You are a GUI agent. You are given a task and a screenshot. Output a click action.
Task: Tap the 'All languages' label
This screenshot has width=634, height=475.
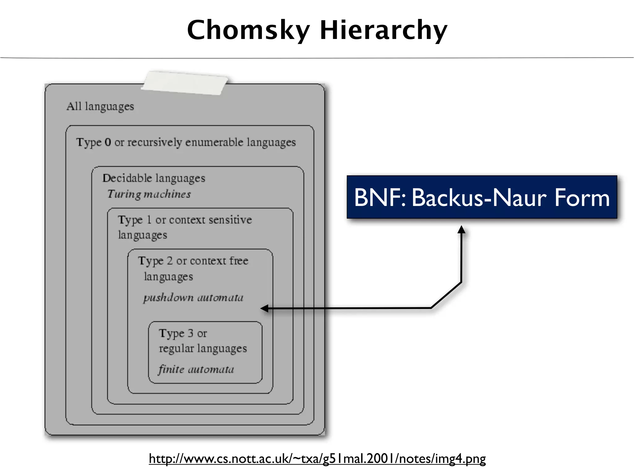tap(100, 106)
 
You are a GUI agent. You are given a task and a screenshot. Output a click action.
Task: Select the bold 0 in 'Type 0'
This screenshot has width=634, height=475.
tap(108, 142)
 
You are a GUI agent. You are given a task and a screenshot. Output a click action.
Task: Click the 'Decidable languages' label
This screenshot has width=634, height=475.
tap(154, 178)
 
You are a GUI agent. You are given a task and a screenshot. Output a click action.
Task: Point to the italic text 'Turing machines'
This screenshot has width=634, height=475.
tap(149, 194)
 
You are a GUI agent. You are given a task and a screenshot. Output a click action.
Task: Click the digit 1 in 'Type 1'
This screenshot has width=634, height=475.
tap(149, 220)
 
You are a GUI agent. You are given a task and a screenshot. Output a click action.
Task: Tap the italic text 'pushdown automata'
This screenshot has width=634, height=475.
tap(193, 297)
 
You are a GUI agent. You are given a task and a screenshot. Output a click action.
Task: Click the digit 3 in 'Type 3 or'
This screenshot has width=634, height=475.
tap(190, 333)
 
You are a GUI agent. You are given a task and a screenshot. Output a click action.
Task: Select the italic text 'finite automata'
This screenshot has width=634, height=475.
tap(196, 369)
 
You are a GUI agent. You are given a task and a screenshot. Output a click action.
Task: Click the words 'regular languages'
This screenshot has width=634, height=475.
tap(203, 349)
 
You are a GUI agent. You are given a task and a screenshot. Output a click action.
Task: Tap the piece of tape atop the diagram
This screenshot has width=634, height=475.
tap(185, 83)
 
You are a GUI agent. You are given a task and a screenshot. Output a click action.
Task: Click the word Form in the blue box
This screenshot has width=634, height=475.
tap(582, 198)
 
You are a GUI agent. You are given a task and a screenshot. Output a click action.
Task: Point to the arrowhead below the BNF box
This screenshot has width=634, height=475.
tap(461, 229)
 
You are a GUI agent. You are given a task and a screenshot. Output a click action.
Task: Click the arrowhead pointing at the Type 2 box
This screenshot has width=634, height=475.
tap(264, 308)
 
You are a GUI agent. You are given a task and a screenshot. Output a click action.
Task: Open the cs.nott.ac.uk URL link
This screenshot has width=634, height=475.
tap(317, 458)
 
